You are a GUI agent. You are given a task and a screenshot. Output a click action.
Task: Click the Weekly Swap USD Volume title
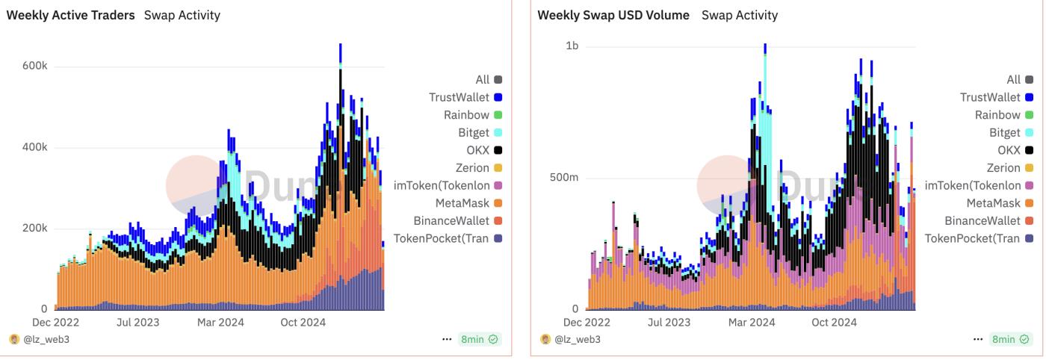[613, 15]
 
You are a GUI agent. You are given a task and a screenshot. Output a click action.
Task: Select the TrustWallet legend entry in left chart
[459, 97]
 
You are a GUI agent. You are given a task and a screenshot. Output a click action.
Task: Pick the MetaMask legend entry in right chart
[993, 203]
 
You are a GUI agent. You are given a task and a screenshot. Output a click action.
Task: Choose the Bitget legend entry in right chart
[1004, 132]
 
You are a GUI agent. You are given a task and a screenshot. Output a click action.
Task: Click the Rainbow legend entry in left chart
[466, 115]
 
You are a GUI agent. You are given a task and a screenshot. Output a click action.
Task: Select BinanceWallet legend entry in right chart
[982, 221]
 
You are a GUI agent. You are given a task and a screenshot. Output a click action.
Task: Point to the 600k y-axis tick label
[34, 66]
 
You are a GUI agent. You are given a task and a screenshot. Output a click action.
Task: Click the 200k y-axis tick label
[34, 229]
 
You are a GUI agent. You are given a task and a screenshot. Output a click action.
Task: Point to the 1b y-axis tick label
[572, 46]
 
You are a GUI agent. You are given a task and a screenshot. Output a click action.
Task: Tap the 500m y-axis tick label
[563, 178]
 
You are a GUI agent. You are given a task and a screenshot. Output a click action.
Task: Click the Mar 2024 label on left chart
[221, 323]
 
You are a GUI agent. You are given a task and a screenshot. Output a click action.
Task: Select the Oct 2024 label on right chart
[834, 323]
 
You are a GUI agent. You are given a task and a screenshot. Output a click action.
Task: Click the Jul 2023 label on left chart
[137, 323]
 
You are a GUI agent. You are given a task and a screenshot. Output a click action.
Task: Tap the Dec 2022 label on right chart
[587, 323]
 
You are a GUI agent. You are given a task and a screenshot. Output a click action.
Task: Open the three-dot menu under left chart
[447, 340]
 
